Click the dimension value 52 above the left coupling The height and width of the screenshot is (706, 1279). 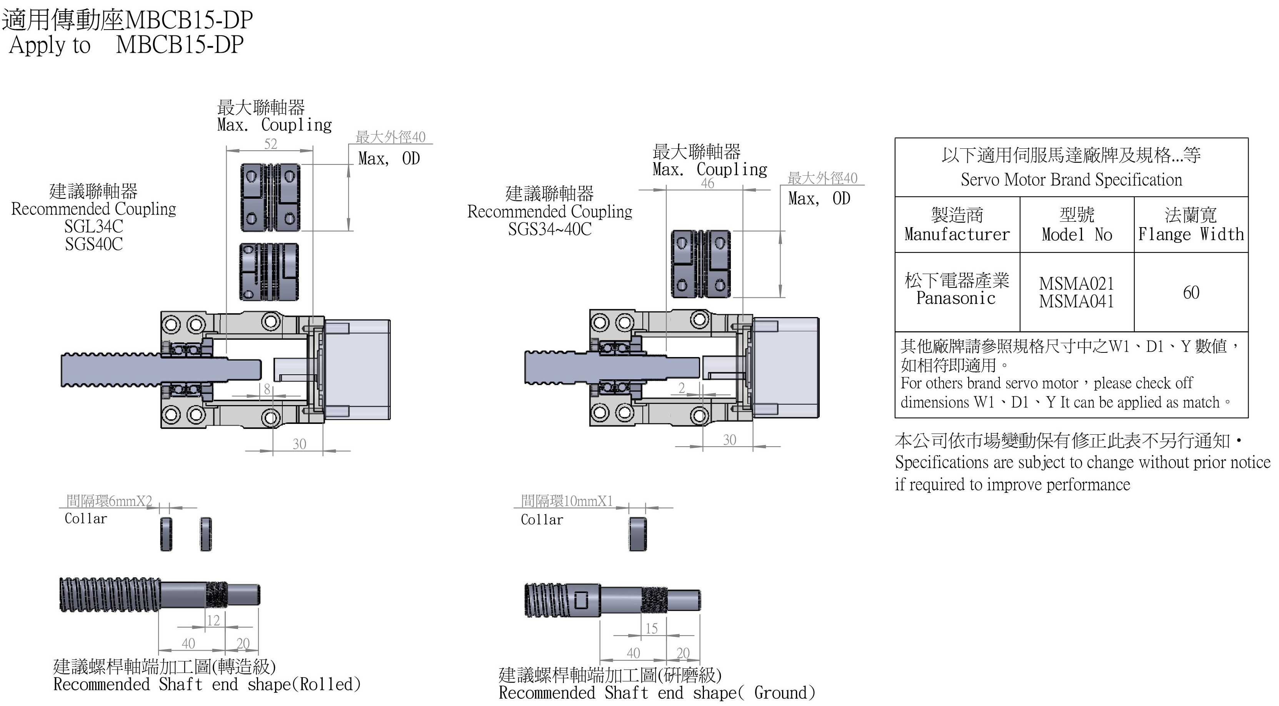click(x=270, y=144)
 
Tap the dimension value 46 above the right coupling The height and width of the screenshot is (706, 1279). click(x=707, y=183)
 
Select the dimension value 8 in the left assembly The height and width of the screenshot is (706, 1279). click(x=267, y=389)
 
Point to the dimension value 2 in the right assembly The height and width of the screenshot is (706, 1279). click(x=682, y=387)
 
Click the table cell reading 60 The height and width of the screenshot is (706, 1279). click(x=1191, y=292)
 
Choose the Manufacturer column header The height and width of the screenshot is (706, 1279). click(x=957, y=234)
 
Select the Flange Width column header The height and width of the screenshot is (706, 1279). click(x=1191, y=234)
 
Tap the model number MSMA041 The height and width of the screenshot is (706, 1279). click(x=1076, y=301)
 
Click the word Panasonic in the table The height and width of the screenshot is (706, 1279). click(x=956, y=298)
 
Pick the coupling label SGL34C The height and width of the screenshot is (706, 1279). click(x=93, y=226)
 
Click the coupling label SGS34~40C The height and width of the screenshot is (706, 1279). click(x=550, y=229)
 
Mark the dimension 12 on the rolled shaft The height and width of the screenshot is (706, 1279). click(x=213, y=620)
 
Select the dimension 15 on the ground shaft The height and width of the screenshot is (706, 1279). click(x=651, y=629)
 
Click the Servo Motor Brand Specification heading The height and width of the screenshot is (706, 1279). click(x=1071, y=179)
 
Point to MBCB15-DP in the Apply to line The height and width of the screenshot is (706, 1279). click(x=180, y=45)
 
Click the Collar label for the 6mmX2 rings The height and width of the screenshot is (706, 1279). click(x=86, y=518)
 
